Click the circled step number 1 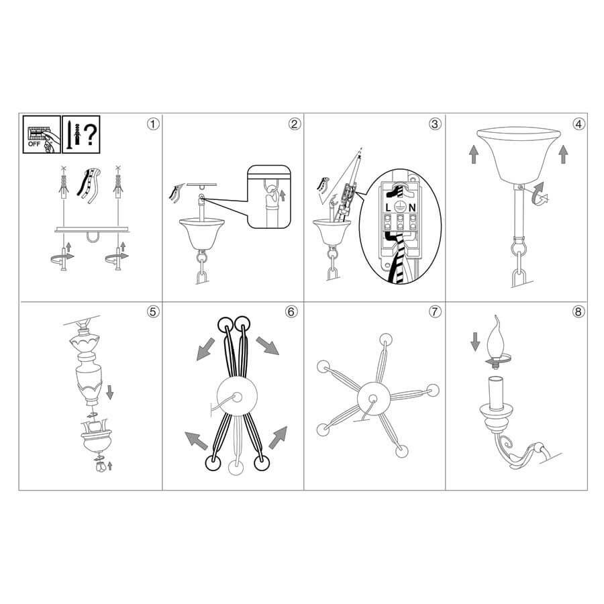click(153, 124)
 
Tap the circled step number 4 click(578, 124)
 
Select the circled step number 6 click(291, 311)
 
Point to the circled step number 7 click(435, 311)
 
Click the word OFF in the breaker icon click(34, 144)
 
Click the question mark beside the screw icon click(91, 134)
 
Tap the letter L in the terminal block click(388, 207)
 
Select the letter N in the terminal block click(413, 207)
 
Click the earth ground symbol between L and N click(400, 207)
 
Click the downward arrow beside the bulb click(475, 342)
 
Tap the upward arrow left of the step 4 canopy click(473, 154)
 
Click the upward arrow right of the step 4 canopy click(563, 154)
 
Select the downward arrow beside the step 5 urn click(110, 392)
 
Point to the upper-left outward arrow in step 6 click(205, 349)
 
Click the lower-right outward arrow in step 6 click(278, 438)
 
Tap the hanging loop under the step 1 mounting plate click(93, 238)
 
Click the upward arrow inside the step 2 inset click(283, 195)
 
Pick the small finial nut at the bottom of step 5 click(101, 467)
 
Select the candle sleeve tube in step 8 click(496, 393)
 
